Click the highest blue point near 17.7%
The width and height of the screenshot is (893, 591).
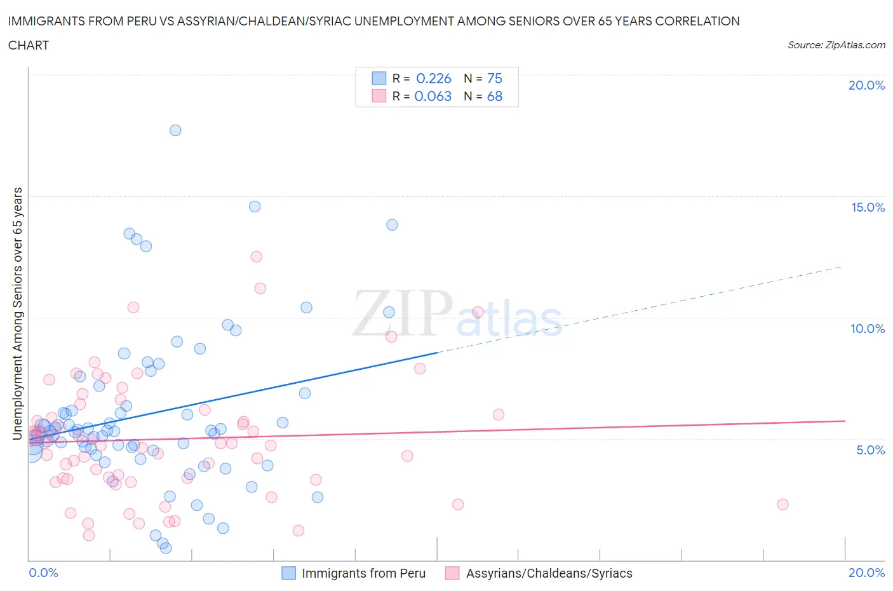[x=175, y=130]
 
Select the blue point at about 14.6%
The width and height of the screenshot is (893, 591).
[x=255, y=207]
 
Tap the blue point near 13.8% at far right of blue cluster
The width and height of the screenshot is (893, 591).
[x=392, y=225]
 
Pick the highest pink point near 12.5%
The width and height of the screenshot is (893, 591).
[x=257, y=257]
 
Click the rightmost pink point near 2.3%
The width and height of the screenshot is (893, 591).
[x=782, y=505]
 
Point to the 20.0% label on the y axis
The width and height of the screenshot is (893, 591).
[x=866, y=86]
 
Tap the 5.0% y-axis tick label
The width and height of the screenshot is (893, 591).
[x=870, y=451]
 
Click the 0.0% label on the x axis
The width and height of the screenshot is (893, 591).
[x=43, y=573]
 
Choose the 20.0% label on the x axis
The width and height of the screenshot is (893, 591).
[x=866, y=573]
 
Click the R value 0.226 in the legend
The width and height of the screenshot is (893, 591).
[x=433, y=78]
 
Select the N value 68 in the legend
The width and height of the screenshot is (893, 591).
[x=494, y=96]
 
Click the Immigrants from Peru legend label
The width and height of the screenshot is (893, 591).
[x=363, y=573]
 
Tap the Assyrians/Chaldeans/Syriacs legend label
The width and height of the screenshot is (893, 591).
[x=549, y=573]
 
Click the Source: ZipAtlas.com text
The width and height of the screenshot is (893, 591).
[x=836, y=45]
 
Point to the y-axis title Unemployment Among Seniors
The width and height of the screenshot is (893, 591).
[x=18, y=313]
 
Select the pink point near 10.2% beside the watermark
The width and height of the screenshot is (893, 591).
[x=478, y=312]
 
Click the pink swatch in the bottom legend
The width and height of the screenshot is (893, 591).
[x=452, y=573]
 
